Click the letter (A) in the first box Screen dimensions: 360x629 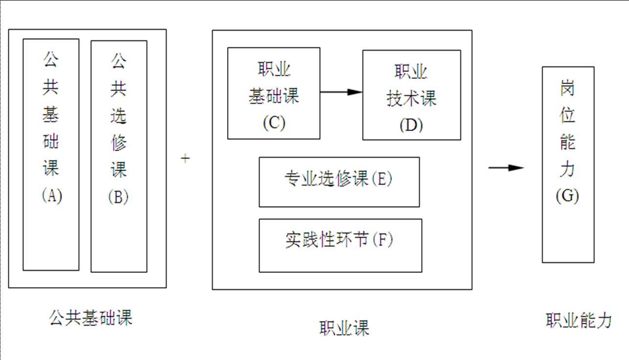51,196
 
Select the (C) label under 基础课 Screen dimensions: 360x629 274,122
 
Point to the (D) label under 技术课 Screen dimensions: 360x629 411,125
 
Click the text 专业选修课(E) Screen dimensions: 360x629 339,180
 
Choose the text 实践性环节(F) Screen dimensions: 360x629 339,240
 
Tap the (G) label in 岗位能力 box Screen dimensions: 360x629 568,196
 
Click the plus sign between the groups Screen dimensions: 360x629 185,158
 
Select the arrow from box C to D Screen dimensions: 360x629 341,92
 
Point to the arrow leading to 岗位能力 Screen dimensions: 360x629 506,168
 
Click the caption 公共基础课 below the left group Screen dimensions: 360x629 91,318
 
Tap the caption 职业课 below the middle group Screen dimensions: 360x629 345,328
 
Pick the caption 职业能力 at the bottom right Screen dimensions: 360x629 579,321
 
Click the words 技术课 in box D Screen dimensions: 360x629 412,99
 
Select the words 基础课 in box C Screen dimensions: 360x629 274,96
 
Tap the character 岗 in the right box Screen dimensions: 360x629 568,89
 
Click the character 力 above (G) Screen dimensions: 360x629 568,169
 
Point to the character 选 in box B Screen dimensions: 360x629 118,116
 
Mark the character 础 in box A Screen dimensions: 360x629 51,142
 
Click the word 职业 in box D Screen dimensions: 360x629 411,73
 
